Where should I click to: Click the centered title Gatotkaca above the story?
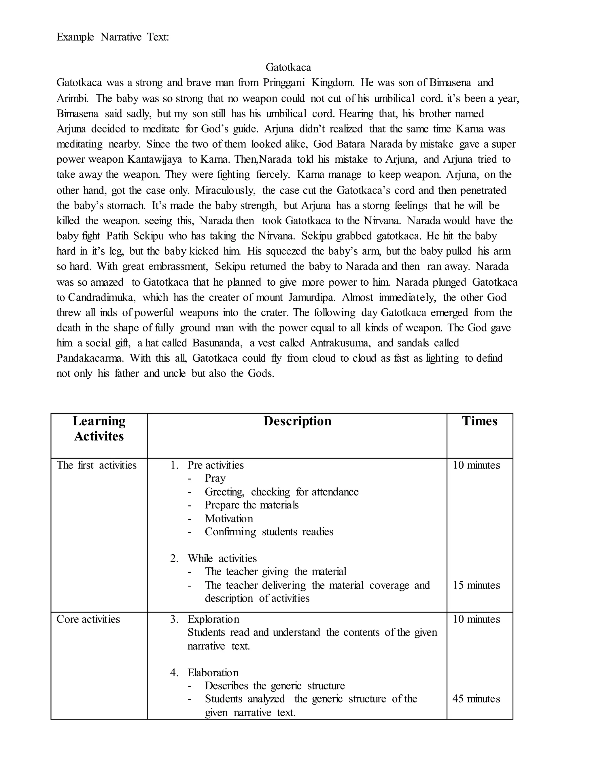288,67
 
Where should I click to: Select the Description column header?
297,421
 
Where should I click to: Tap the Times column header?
479,421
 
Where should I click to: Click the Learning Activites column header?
99,429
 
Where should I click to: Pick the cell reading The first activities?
97,465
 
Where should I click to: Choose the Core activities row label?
88,619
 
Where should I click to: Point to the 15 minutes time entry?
476,585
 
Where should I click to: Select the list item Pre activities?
215,465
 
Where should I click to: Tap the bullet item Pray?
215,478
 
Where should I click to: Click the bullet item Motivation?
228,519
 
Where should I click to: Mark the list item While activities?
222,558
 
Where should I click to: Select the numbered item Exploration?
213,619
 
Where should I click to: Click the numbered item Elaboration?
213,673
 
